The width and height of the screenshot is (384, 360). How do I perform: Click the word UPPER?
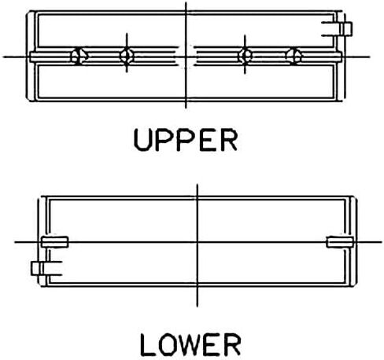point(186,140)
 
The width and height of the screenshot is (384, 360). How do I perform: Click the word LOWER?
point(190,344)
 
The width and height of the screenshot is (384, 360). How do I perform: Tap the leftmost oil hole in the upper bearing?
point(79,56)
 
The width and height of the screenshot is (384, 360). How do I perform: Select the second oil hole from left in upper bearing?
point(127,56)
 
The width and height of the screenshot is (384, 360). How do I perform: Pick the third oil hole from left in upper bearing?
point(245,56)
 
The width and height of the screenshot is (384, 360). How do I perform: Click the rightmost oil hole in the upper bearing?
point(294,56)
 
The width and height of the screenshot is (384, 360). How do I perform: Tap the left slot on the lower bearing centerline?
point(54,242)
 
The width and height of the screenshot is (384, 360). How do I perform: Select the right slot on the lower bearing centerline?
point(340,242)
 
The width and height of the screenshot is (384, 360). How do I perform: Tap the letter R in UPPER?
point(228,140)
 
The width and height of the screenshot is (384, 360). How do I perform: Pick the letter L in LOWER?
point(148,344)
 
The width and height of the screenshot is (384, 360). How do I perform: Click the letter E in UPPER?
point(208,140)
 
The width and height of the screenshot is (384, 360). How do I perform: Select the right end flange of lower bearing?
point(353,241)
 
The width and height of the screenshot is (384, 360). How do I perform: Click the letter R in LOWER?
point(232,344)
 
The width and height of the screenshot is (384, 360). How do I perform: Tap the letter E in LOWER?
point(212,344)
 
